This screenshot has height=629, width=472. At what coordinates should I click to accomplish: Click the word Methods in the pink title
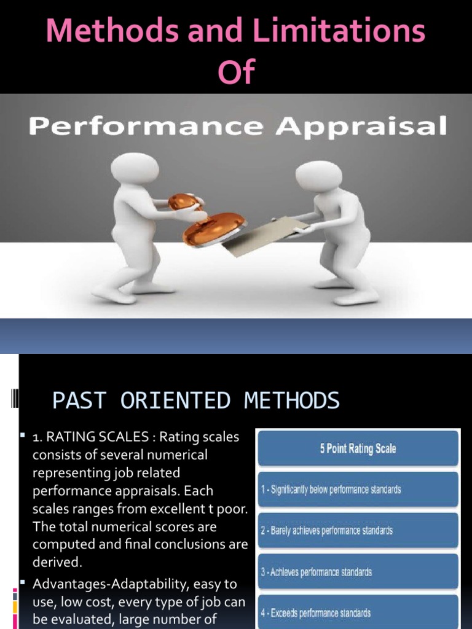[104, 31]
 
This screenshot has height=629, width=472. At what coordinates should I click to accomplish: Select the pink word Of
[235, 72]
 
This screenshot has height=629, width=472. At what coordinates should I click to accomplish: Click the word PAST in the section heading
[80, 401]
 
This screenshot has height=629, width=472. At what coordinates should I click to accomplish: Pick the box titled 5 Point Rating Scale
[358, 448]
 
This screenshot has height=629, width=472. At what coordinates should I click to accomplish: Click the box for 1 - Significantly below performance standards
[358, 489]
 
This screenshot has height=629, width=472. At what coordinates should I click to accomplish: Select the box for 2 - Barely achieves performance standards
[358, 530]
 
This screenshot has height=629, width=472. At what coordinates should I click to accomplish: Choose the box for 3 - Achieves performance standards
[358, 572]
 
